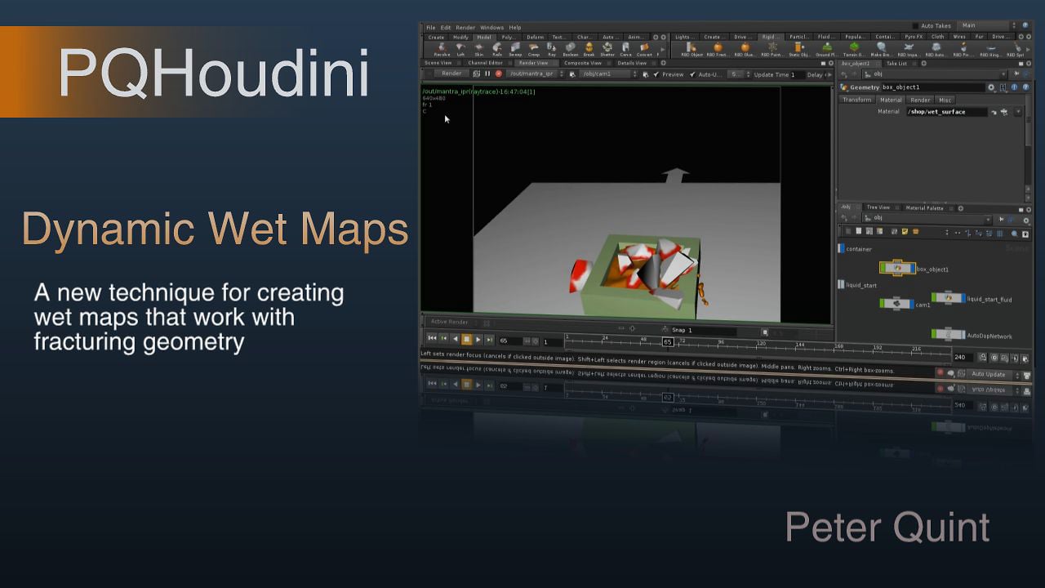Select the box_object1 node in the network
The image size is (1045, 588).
coord(897,267)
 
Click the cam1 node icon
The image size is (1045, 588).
coord(896,303)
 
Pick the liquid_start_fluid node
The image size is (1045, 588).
coord(948,298)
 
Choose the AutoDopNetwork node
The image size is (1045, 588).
coord(948,334)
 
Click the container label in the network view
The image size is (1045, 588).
coord(859,249)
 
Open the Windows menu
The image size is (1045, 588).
coord(491,28)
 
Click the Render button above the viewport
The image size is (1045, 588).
coord(451,73)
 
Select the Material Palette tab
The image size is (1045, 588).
coord(924,208)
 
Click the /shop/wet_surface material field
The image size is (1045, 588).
coord(946,112)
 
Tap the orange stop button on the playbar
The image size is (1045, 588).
coord(466,340)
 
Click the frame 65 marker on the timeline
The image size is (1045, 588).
coord(667,342)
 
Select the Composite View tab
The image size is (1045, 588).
coord(583,63)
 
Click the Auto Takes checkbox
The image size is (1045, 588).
coord(915,26)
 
